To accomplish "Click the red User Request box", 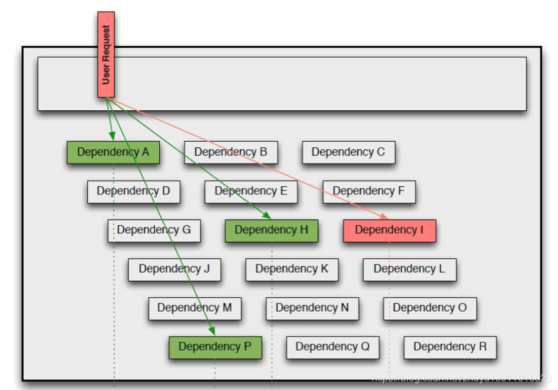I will coord(106,55).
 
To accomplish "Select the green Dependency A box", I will coord(113,152).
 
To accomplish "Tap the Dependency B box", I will coord(231,152).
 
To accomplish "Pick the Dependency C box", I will coord(349,152).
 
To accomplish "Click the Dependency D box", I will coord(134,191).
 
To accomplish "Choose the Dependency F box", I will coord(369,191).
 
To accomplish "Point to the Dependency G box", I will coord(154,230).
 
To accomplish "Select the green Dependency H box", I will coord(271,230).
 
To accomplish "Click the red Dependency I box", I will coord(389,230).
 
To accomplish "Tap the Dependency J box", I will coord(174,269).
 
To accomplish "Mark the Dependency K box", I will coord(292,269).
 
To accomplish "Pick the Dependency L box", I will coord(409,269).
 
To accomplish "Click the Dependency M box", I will coord(195,308).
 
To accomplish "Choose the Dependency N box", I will coord(312,308).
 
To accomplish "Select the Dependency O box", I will coord(430,308).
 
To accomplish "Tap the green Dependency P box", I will coord(215,347).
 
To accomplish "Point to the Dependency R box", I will coord(450,347).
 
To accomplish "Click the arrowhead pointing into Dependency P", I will coord(213,330).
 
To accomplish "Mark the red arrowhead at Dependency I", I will coord(387,216).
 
